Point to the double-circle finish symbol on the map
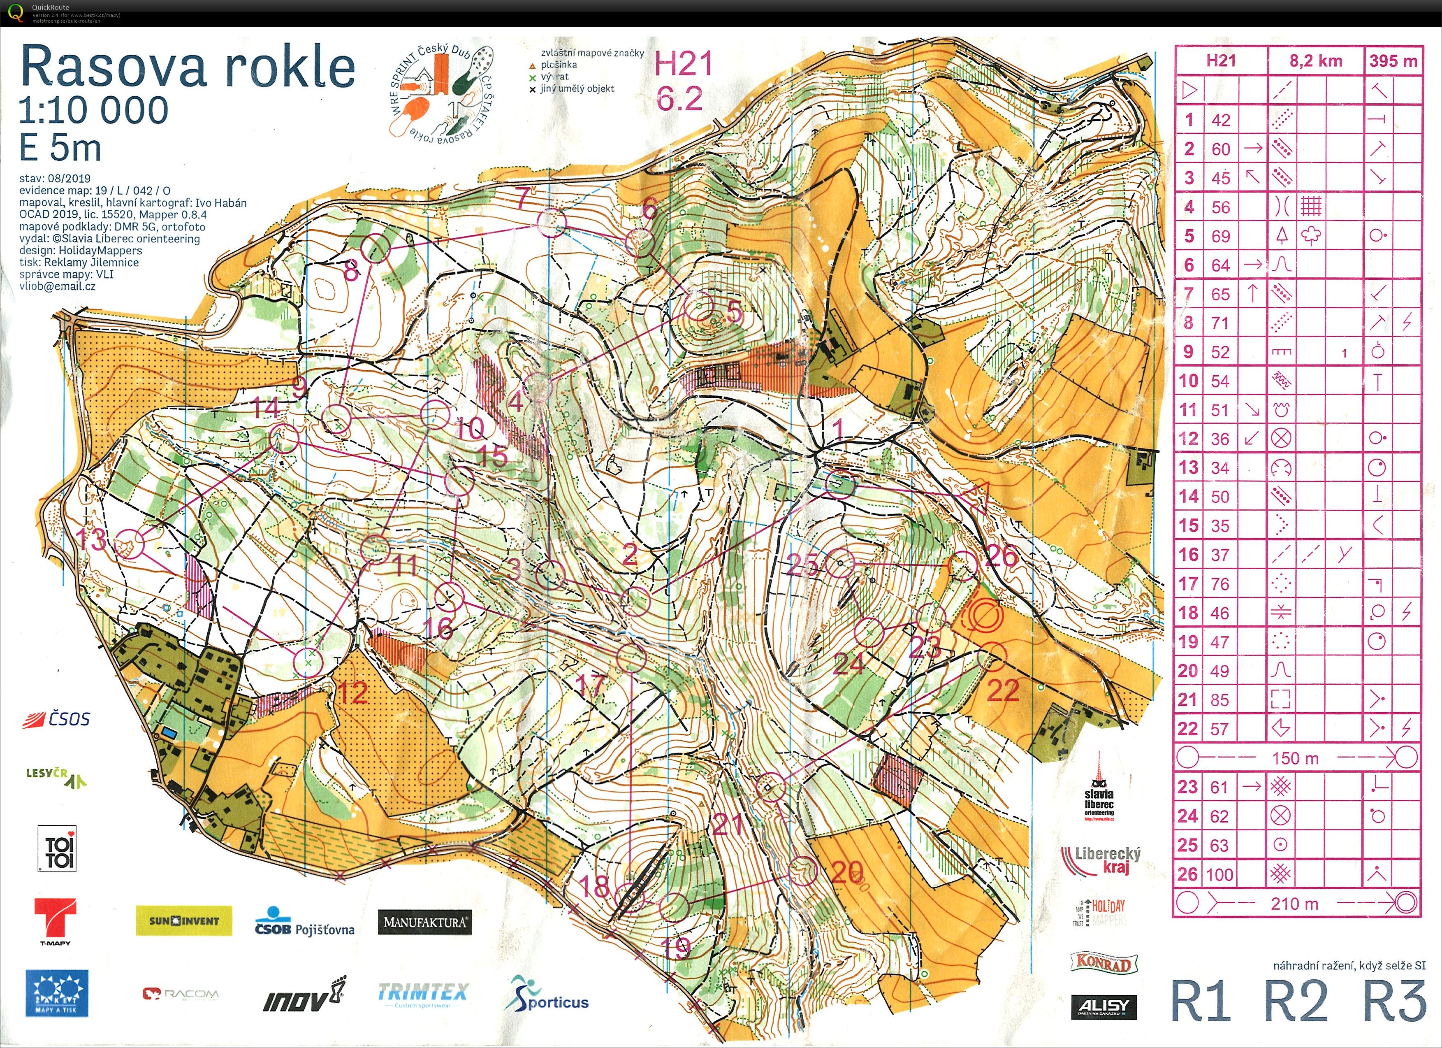coord(985,616)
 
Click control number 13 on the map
coord(130,544)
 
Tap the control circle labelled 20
coord(802,871)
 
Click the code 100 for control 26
coord(1219,874)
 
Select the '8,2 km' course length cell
coord(1315,61)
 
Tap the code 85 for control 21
coord(1219,700)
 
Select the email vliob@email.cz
coord(57,286)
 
